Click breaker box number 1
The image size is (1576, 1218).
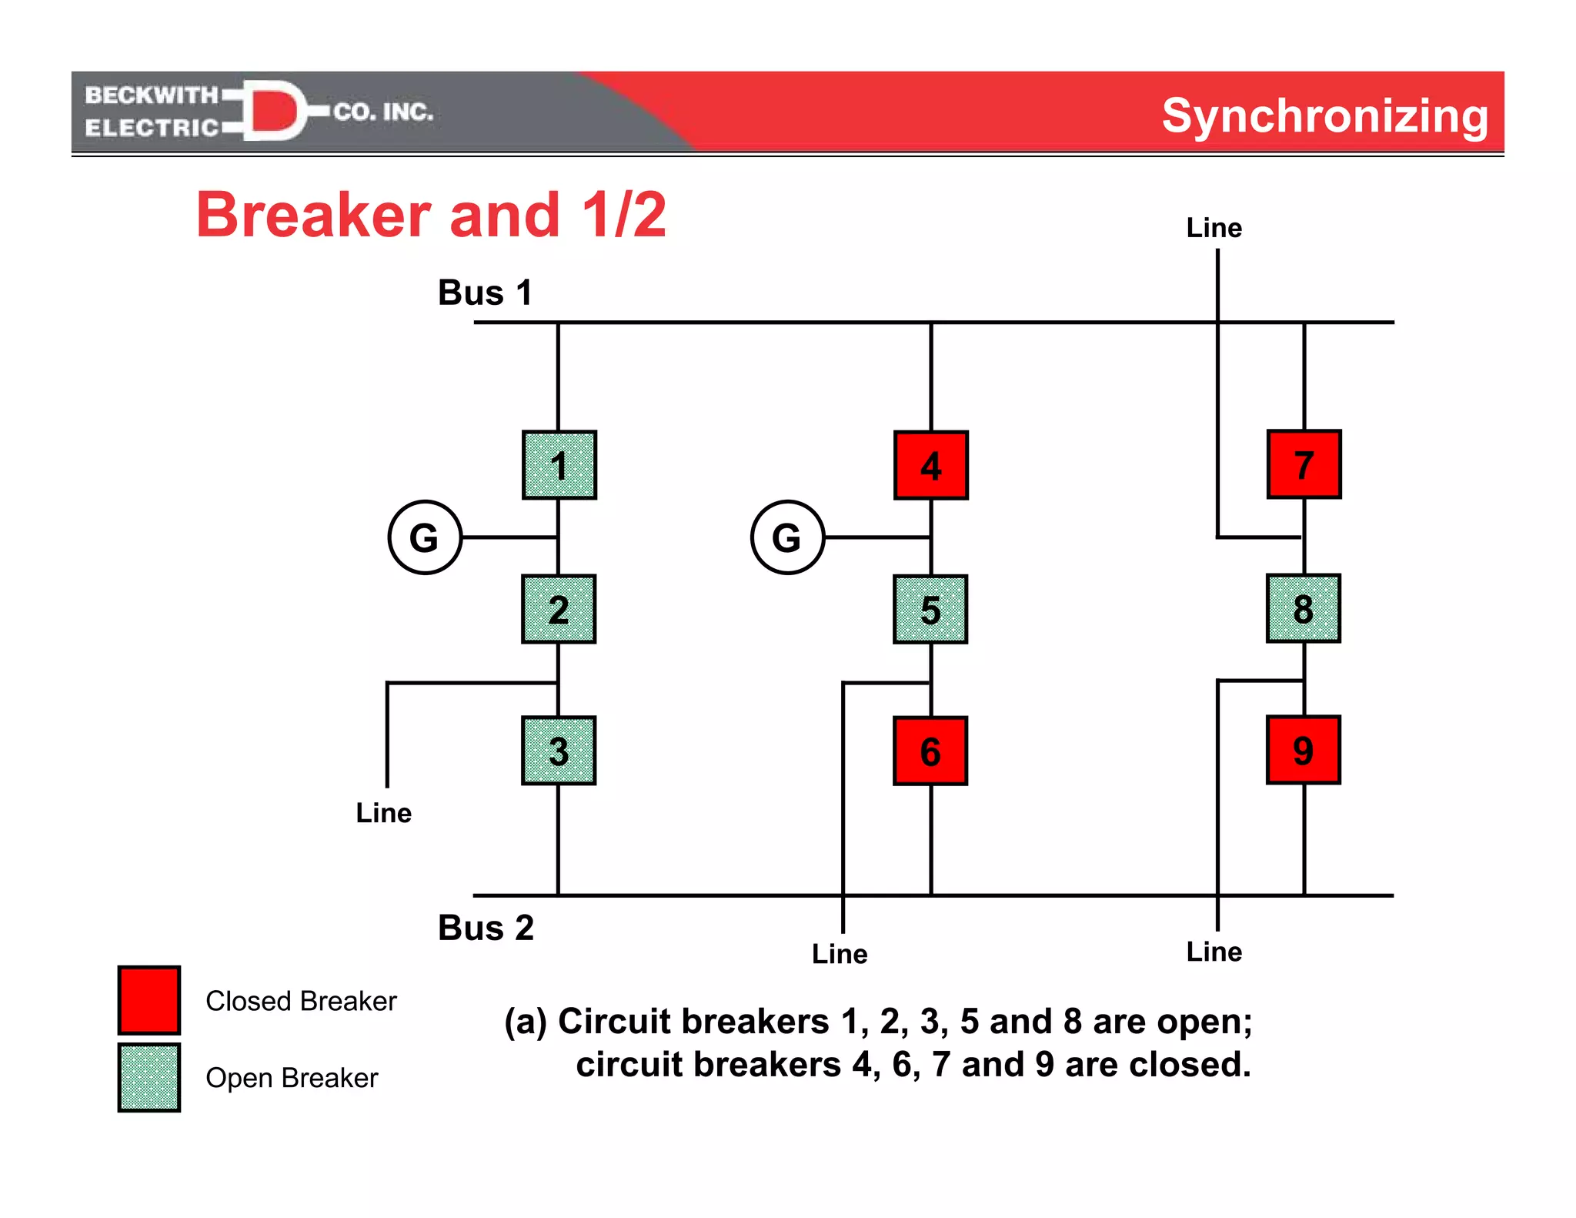coord(559,465)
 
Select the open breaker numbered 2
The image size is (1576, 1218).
coord(559,609)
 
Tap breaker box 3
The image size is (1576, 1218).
coord(559,751)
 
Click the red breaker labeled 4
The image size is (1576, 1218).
coord(931,465)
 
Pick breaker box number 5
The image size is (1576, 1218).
coord(930,609)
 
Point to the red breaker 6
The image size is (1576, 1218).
coord(930,751)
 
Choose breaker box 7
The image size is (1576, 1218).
coord(1304,464)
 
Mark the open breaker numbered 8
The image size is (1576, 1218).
coord(1303,608)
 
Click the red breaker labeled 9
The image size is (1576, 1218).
coord(1303,750)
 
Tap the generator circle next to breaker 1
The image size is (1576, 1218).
coord(425,537)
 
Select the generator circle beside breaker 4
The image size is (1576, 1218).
coord(787,537)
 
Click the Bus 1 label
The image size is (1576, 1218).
coord(485,293)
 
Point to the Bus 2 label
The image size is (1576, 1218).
coord(486,928)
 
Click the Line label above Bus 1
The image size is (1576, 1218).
coord(1214,228)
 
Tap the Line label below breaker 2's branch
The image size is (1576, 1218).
coord(383,813)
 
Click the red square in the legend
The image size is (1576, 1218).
coord(149,1000)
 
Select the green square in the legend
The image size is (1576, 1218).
coord(149,1077)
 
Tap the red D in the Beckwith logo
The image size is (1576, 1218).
coord(273,111)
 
